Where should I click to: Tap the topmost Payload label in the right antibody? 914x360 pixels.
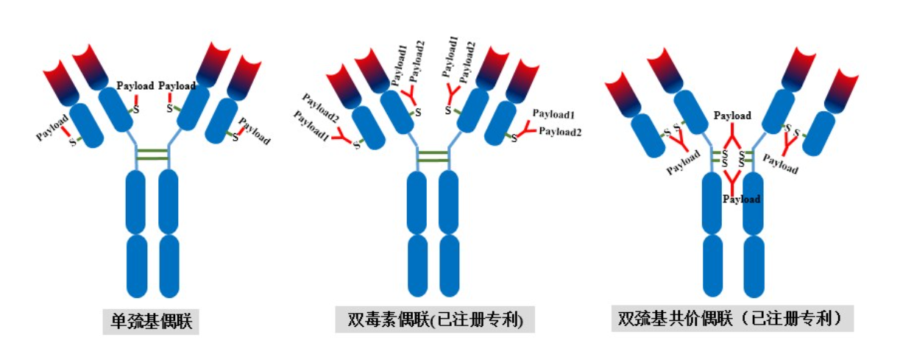click(732, 116)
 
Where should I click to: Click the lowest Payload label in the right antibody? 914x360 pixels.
click(741, 199)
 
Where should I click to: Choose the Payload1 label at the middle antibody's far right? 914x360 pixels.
click(553, 114)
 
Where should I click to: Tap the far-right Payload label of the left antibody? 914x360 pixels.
click(255, 130)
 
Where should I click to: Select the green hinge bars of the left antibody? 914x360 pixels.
click(152, 154)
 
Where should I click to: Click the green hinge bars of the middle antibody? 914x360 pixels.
click(433, 155)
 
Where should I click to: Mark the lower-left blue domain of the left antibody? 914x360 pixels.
click(137, 266)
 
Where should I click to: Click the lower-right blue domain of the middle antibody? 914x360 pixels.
click(449, 266)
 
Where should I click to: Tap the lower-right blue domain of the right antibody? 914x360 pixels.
click(754, 266)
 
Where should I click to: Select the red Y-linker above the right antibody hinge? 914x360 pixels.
click(732, 137)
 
